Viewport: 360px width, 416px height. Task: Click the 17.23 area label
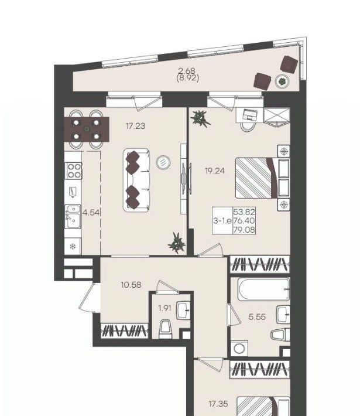click(x=136, y=126)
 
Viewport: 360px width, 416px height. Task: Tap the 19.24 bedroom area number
click(x=215, y=171)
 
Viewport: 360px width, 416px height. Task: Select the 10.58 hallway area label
click(x=131, y=285)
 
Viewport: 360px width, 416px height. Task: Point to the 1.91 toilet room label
click(x=164, y=308)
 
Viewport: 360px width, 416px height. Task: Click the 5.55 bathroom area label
click(x=257, y=317)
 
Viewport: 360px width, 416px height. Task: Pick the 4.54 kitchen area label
click(x=91, y=212)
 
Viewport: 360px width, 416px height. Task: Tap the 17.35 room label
click(x=218, y=404)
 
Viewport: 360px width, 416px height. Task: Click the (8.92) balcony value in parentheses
click(x=188, y=79)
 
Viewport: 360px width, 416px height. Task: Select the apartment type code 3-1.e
click(x=222, y=220)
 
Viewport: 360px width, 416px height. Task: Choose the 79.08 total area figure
click(x=244, y=230)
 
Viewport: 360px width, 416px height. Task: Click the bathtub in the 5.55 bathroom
click(x=264, y=289)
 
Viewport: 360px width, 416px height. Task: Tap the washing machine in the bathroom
click(x=239, y=349)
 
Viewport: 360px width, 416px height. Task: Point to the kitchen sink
click(x=73, y=216)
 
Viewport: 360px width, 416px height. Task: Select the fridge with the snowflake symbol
click(x=73, y=247)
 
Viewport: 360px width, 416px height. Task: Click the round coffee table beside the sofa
click(x=163, y=162)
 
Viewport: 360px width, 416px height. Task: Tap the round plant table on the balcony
click(x=282, y=81)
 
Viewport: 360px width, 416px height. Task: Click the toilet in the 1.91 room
click(x=165, y=329)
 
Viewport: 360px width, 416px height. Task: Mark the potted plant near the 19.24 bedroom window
click(x=200, y=118)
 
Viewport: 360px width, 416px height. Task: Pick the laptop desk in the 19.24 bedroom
click(x=250, y=115)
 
